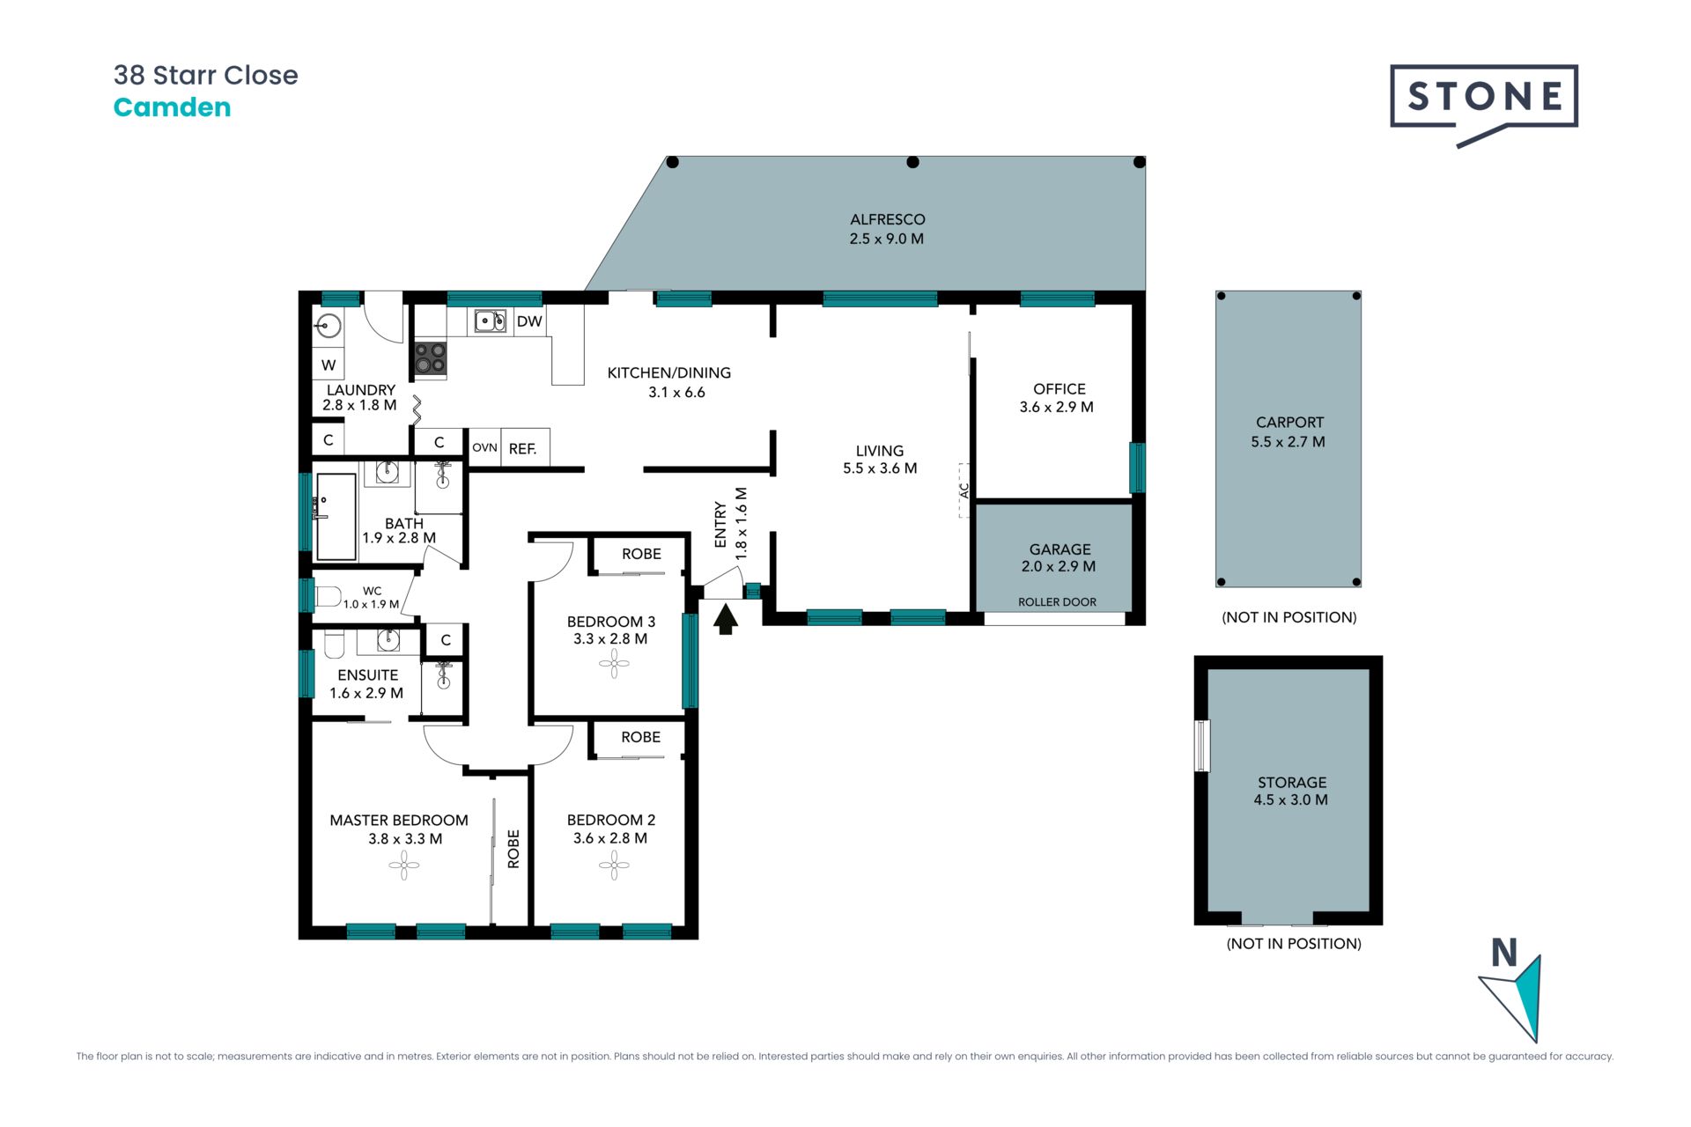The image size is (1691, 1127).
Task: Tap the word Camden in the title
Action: pyautogui.click(x=173, y=107)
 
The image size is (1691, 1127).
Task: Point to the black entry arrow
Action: pyautogui.click(x=725, y=618)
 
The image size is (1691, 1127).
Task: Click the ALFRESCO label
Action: pyautogui.click(x=887, y=219)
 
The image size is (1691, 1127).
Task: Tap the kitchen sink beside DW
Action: pyautogui.click(x=491, y=320)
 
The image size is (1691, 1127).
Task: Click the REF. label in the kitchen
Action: pyautogui.click(x=522, y=448)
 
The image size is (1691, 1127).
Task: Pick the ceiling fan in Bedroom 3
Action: pyautogui.click(x=614, y=663)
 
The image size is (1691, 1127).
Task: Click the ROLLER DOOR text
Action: pyautogui.click(x=1057, y=602)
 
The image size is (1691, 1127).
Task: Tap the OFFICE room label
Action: pyautogui.click(x=1060, y=388)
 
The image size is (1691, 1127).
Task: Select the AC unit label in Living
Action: pyautogui.click(x=964, y=490)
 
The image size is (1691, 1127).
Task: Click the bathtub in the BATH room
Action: pyautogui.click(x=336, y=517)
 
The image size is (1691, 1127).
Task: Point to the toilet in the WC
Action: pyautogui.click(x=328, y=597)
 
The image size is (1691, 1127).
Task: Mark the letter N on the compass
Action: pyautogui.click(x=1504, y=953)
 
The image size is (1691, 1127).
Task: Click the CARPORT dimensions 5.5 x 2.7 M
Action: pyautogui.click(x=1288, y=442)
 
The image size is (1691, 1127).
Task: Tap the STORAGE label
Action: pyautogui.click(x=1292, y=782)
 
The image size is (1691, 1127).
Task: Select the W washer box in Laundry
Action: pyautogui.click(x=329, y=365)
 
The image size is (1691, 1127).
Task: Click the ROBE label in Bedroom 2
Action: pyautogui.click(x=640, y=737)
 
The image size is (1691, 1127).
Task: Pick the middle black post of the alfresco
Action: pyautogui.click(x=912, y=162)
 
